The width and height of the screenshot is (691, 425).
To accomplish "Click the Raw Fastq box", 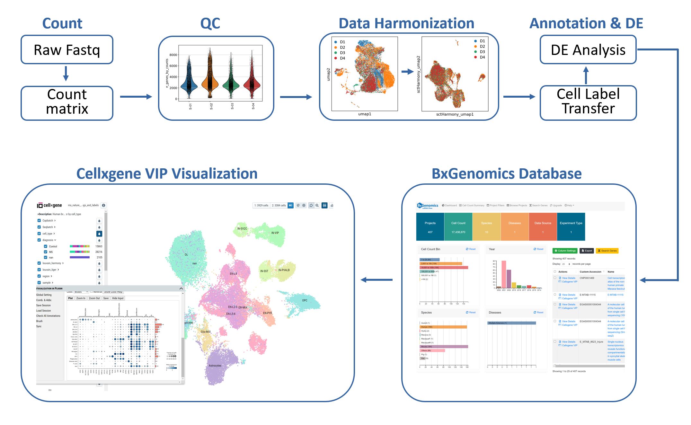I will [67, 49].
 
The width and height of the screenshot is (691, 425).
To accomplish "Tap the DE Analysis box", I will [588, 49].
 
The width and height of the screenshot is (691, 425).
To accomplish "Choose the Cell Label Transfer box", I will [588, 102].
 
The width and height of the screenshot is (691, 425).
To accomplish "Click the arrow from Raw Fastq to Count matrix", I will [66, 74].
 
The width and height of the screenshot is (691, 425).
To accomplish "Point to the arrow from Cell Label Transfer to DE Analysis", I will [586, 75].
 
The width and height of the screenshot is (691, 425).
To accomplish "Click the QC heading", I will [210, 23].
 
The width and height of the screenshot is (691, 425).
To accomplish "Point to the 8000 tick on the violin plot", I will [173, 55].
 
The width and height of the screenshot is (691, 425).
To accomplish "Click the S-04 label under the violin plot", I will [253, 106].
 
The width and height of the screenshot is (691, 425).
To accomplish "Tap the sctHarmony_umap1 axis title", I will [455, 114].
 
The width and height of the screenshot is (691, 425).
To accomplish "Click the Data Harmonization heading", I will [406, 23].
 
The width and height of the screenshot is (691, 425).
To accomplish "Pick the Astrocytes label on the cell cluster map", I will [215, 366].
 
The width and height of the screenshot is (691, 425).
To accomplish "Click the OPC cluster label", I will [305, 301].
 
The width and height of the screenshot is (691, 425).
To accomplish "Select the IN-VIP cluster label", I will [275, 233].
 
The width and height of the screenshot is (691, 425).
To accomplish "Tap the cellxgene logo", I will [49, 205].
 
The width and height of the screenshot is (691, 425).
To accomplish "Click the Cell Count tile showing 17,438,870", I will [458, 227].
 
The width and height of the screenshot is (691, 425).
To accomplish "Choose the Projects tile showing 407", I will [430, 227].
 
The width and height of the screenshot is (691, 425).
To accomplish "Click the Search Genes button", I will [607, 251].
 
